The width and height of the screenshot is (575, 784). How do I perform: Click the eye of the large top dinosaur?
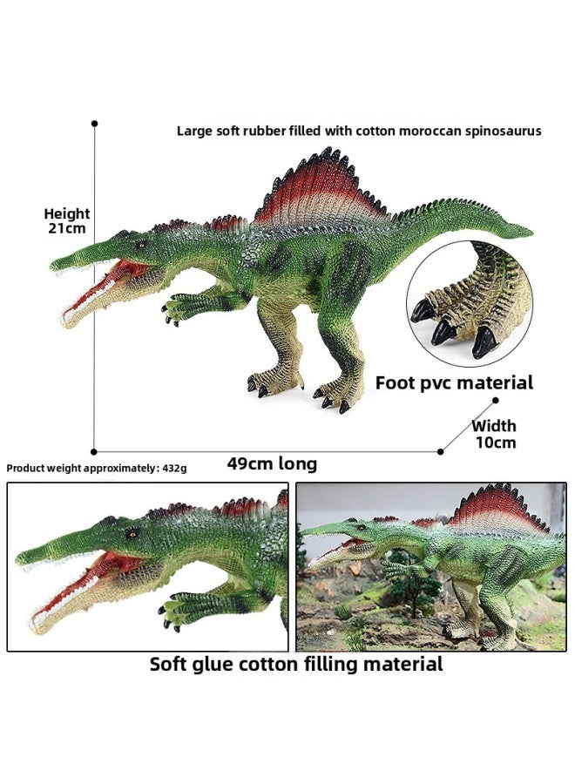(141, 245)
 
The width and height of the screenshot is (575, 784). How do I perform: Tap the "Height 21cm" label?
(67, 221)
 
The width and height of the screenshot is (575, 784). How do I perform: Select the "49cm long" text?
(272, 463)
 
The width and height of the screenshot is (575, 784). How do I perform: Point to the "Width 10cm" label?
(494, 434)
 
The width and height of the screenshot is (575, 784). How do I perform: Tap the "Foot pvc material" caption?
(454, 383)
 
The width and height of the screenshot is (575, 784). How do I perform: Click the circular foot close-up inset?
(470, 300)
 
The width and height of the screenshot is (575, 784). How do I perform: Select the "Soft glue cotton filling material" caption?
(296, 665)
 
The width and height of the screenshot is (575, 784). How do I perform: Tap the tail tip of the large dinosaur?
(530, 233)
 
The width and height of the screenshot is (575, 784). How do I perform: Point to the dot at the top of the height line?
(94, 124)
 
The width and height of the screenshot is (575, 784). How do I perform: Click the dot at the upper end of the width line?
(496, 401)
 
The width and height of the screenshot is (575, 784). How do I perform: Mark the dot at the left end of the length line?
(94, 452)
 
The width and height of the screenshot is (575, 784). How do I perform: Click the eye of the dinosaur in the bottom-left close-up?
(132, 535)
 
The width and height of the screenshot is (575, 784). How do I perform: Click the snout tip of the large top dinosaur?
(53, 264)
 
